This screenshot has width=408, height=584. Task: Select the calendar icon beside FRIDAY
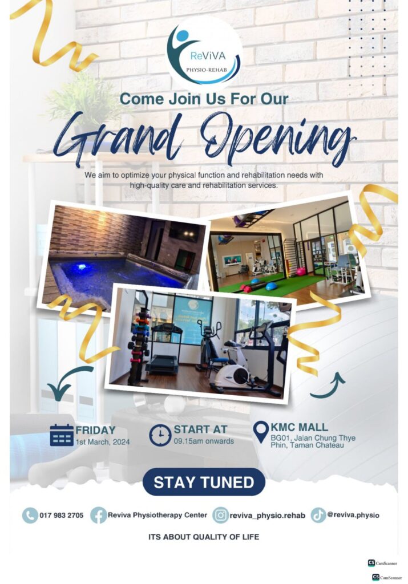point(62,435)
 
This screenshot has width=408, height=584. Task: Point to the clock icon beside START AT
point(160,435)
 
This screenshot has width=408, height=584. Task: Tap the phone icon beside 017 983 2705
point(30,516)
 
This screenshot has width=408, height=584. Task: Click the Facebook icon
point(98,516)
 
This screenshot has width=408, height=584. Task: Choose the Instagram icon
point(221,516)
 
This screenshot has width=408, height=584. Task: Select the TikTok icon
point(318,515)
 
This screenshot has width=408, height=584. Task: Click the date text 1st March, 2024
point(103,442)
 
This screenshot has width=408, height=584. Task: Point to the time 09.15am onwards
point(204,441)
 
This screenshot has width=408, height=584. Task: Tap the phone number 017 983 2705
point(62,516)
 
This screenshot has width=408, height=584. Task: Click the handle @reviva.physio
point(353,515)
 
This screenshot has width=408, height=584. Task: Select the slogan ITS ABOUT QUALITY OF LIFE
point(204,537)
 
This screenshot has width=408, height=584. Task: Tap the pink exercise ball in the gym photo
point(301,271)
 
